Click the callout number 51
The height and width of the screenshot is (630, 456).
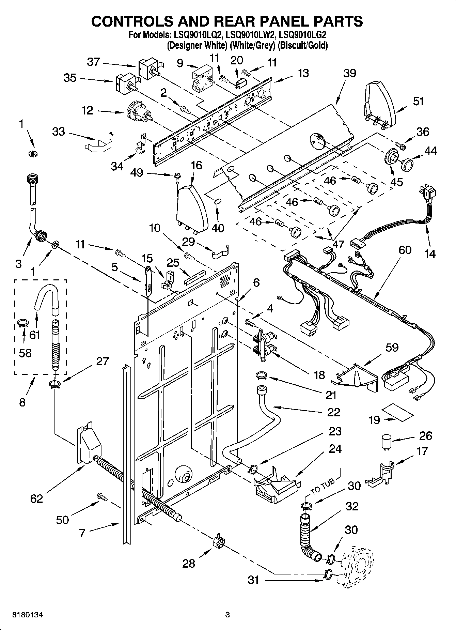tap(419, 101)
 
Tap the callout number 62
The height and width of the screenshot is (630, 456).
tap(36, 498)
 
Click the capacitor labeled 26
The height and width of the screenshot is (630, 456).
tap(386, 442)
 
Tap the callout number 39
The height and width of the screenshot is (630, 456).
tap(349, 73)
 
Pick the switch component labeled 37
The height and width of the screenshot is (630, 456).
tap(149, 69)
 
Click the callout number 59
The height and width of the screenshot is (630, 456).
tap(392, 347)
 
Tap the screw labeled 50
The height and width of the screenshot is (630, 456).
tap(102, 497)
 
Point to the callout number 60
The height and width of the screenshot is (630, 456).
tap(405, 250)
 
